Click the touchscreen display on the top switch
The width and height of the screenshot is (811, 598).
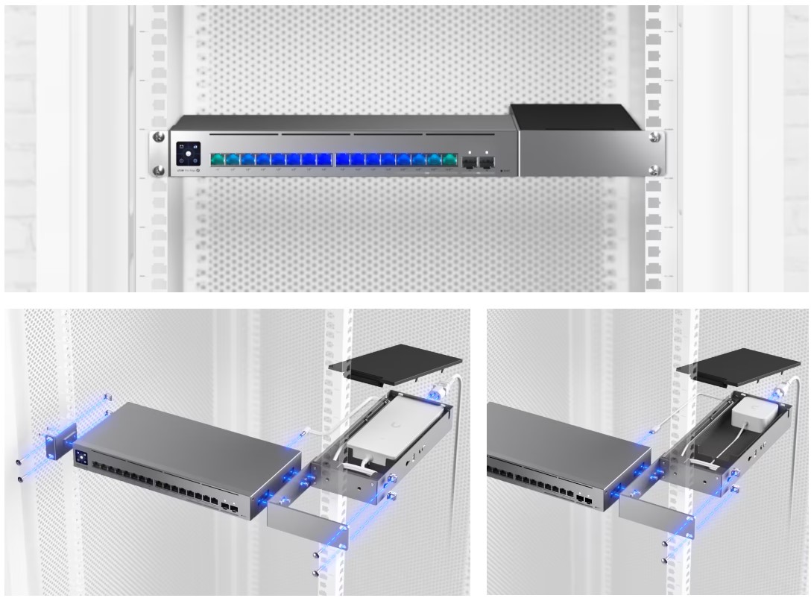188,154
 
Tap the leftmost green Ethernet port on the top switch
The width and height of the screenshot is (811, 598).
218,159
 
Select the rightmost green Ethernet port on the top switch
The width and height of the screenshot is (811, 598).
449,159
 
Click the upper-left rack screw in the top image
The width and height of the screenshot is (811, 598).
158,136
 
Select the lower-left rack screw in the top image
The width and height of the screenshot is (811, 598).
158,171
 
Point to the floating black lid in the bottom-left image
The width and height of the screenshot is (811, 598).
395,363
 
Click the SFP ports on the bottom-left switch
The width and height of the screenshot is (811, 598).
230,510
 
